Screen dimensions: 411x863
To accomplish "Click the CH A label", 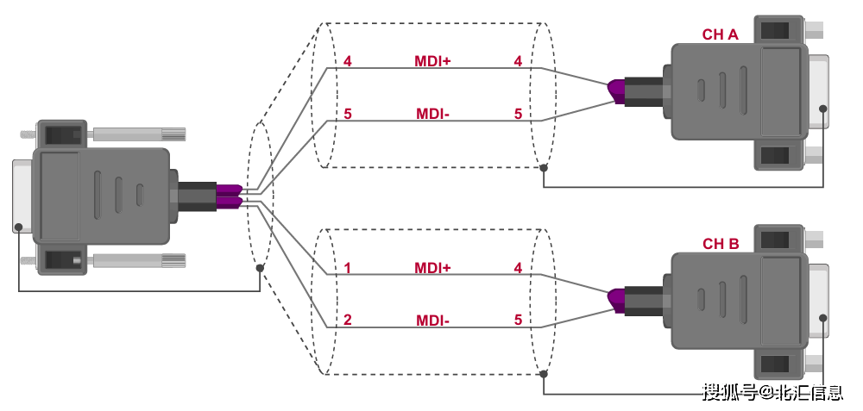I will pos(720,35).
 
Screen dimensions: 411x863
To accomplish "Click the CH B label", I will pos(720,244).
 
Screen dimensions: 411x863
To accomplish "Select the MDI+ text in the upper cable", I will pos(432,61).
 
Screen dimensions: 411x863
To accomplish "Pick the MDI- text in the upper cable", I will pos(432,114).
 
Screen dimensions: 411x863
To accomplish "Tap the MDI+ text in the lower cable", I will pos(432,268).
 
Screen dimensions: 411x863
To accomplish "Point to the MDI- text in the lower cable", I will pos(432,321).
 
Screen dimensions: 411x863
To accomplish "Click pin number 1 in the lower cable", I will pos(347,268).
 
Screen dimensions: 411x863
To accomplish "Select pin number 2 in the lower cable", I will pos(347,321).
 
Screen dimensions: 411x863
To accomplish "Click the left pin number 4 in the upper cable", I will pos(347,61).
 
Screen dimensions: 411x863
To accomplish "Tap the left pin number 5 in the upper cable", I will pos(347,114).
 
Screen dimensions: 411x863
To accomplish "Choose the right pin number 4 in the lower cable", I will pos(518,268).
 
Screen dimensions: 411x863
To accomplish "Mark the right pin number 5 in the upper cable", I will pos(518,114).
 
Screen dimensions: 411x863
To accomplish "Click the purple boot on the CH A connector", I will pos(616,90).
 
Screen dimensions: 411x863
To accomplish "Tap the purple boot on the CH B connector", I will pos(616,298).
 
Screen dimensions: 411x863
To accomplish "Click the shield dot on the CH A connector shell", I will pos(822,109).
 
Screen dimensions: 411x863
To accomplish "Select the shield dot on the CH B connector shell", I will pos(822,317).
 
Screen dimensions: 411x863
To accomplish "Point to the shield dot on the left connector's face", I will pos(18,227).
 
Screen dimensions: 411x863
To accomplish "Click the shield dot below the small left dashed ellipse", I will pos(260,268).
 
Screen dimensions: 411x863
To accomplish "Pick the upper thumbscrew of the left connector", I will pos(138,134).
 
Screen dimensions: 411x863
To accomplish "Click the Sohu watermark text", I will pos(772,393).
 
